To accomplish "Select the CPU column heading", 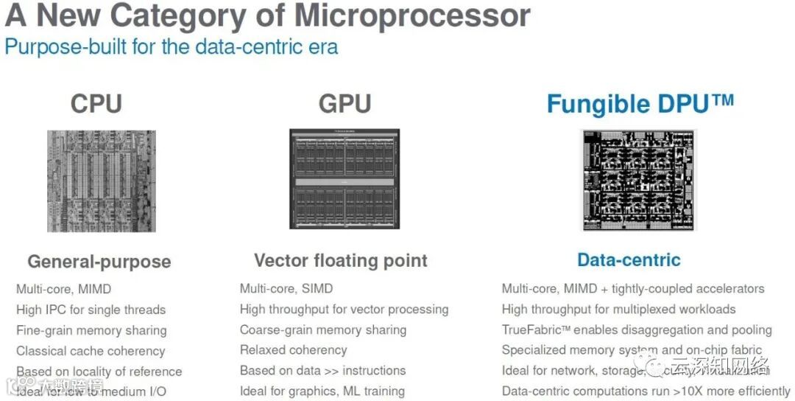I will click(x=96, y=104).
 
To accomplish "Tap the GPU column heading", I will click(x=344, y=104).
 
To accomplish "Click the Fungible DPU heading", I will click(x=640, y=104).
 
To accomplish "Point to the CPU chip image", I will click(x=102, y=181).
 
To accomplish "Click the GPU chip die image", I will click(x=344, y=179).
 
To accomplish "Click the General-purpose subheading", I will click(x=99, y=262).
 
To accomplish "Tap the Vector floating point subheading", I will click(x=340, y=260).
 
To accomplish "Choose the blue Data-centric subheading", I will click(x=629, y=259).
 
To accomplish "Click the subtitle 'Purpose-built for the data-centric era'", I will click(x=172, y=47).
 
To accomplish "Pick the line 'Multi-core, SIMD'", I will click(x=286, y=289).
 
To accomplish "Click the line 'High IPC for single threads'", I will click(x=91, y=310).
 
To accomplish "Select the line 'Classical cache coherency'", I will click(x=91, y=351).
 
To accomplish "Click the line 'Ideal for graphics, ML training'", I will click(x=322, y=391).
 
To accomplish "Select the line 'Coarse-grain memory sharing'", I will click(x=323, y=329).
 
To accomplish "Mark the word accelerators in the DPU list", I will click(x=722, y=289).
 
